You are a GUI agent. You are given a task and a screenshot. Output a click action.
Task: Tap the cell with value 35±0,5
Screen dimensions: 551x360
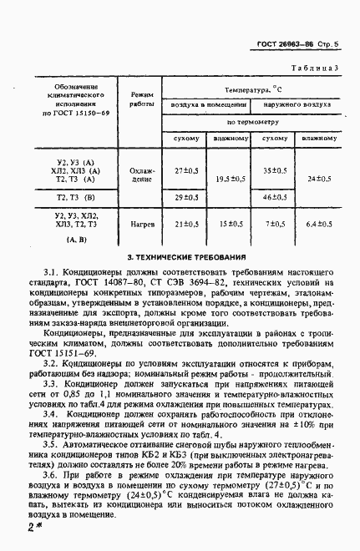[x=274, y=169]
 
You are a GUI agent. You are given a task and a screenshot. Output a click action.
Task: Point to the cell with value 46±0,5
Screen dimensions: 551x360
[x=274, y=197]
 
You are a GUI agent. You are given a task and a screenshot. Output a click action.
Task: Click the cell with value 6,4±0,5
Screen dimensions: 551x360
[x=318, y=224]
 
